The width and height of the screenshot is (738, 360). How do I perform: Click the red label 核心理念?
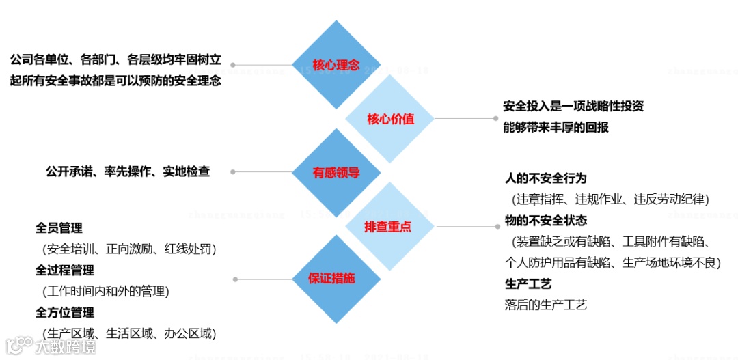tap(336, 66)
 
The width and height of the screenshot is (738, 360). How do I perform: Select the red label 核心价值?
tap(390, 119)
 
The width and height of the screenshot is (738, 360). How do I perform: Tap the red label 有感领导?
tap(336, 172)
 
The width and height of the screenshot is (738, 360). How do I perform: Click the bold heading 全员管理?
tap(59, 228)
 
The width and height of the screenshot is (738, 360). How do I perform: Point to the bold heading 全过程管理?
tap(65, 271)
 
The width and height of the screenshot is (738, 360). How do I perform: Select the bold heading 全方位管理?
tap(65, 313)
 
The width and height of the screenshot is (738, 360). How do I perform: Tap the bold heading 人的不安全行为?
tap(545, 179)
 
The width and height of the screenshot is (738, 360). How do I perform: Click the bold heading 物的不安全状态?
tap(545, 221)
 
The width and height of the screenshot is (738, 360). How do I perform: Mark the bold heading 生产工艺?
tap(528, 283)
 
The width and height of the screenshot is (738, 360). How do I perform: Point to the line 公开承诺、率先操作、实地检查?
tap(128, 171)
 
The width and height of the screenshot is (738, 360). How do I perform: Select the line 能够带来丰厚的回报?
tap(556, 127)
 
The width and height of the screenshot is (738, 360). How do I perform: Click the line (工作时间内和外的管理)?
tap(105, 292)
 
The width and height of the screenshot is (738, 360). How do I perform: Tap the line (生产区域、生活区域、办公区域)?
tap(126, 334)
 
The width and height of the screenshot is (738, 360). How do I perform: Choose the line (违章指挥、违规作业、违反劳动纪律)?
tap(610, 199)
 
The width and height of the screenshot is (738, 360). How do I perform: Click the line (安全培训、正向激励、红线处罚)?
tap(126, 249)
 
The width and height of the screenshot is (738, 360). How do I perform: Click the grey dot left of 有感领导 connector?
tap(233, 172)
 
